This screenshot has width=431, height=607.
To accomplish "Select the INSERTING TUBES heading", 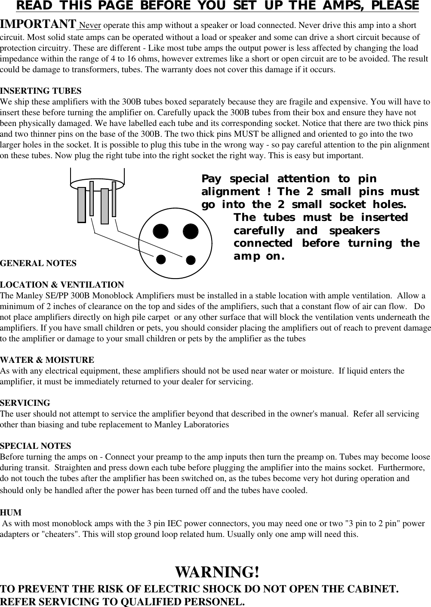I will point(40,91).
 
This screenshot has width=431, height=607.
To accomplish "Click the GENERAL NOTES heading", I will point(38,263).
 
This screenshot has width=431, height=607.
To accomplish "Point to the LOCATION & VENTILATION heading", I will point(62,285).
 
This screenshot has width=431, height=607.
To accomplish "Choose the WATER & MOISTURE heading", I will point(47,360).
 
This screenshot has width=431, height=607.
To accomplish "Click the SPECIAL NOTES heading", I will point(36,446).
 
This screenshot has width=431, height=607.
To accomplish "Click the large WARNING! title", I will point(217,572).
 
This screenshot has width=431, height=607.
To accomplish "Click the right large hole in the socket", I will point(190,231).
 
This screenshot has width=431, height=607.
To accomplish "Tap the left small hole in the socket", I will point(161,259).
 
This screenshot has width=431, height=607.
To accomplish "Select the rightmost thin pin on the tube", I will point(114,199).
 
